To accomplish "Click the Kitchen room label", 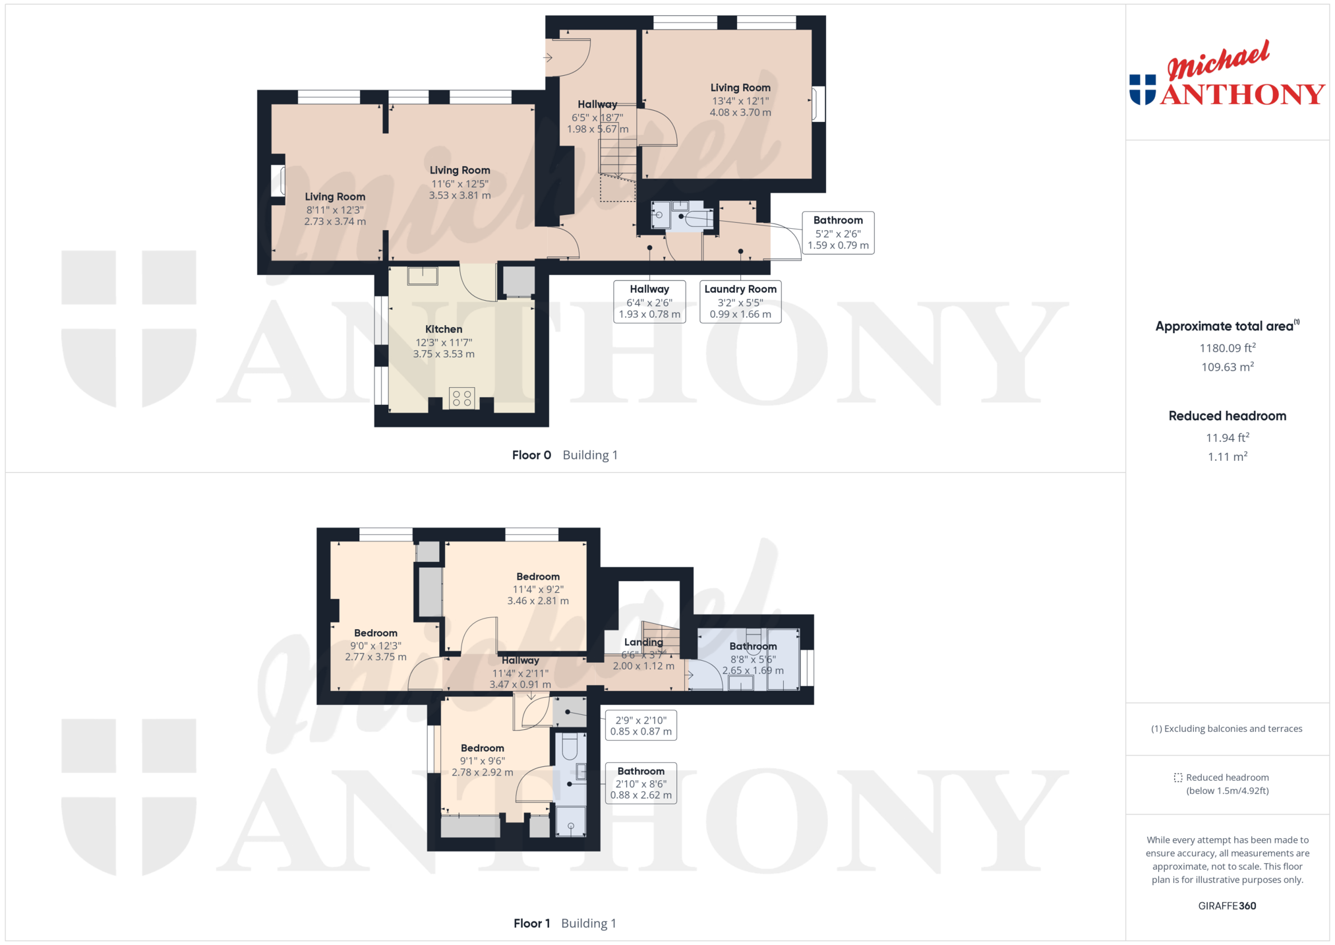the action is pyautogui.click(x=444, y=329).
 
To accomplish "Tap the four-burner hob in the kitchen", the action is pyautogui.click(x=461, y=398).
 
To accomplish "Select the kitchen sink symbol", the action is pyautogui.click(x=423, y=276).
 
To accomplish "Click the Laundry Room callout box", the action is pyautogui.click(x=740, y=301).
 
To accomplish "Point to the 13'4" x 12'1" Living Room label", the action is pyautogui.click(x=740, y=88).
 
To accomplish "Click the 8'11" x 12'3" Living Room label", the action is pyautogui.click(x=335, y=197).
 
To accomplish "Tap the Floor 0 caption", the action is pyautogui.click(x=531, y=455).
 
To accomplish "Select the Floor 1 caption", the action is pyautogui.click(x=531, y=923).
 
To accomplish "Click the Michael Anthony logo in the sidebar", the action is pyautogui.click(x=1227, y=73).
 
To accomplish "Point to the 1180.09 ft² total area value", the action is pyautogui.click(x=1228, y=348).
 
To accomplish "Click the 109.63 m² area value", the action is pyautogui.click(x=1228, y=367).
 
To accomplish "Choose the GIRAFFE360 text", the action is pyautogui.click(x=1227, y=905).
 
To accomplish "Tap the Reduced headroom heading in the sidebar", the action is pyautogui.click(x=1228, y=415).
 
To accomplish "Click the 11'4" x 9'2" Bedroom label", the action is pyautogui.click(x=538, y=576).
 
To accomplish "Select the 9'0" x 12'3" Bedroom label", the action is pyautogui.click(x=376, y=633).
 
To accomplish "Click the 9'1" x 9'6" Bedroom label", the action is pyautogui.click(x=483, y=748).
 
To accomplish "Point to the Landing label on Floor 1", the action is pyautogui.click(x=643, y=642).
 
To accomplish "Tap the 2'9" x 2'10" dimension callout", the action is pyautogui.click(x=641, y=725).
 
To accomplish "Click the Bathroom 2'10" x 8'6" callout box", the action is pyautogui.click(x=641, y=783).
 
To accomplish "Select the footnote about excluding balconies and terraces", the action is pyautogui.click(x=1227, y=729).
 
